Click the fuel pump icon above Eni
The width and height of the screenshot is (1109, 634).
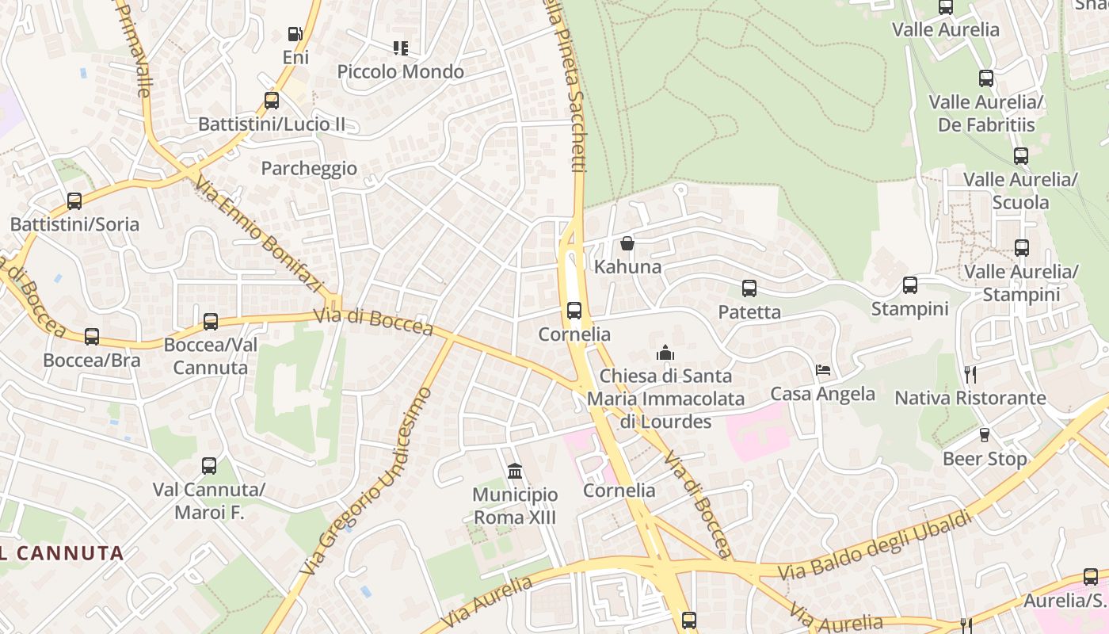tap(295, 34)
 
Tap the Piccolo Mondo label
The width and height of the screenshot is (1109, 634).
tap(401, 71)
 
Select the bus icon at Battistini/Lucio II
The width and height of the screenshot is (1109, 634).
tap(272, 101)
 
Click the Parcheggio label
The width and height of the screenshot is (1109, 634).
tap(309, 169)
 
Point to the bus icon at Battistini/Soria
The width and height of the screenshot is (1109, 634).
tap(74, 201)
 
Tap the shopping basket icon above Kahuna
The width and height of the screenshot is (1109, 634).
tap(627, 243)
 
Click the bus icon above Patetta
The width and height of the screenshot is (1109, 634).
tap(749, 288)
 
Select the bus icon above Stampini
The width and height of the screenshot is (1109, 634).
tap(910, 285)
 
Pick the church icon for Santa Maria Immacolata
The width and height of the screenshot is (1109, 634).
tap(665, 353)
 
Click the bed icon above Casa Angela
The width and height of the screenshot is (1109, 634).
tap(823, 370)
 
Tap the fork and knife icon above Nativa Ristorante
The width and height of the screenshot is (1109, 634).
tap(970, 374)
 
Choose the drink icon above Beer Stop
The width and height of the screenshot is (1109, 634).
tap(985, 435)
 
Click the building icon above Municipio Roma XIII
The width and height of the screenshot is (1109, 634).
tap(515, 472)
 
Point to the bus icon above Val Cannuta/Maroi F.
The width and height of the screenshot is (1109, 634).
tap(209, 466)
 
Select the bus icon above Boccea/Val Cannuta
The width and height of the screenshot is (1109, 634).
tap(211, 322)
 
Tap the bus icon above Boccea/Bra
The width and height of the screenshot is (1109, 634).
tap(92, 337)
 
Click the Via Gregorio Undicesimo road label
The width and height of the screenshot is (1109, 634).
tap(368, 481)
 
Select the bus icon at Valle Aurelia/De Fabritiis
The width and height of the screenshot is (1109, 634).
tap(986, 78)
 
